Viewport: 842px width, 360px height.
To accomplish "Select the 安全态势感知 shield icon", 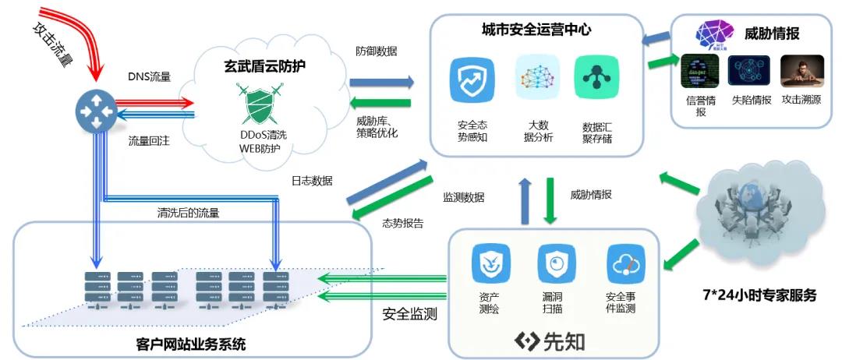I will coord(472,79).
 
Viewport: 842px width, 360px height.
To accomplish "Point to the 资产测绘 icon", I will coord(490,264).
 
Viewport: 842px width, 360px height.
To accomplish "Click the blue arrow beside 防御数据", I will coord(380,81).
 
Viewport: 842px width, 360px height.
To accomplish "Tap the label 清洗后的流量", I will coord(188,212).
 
